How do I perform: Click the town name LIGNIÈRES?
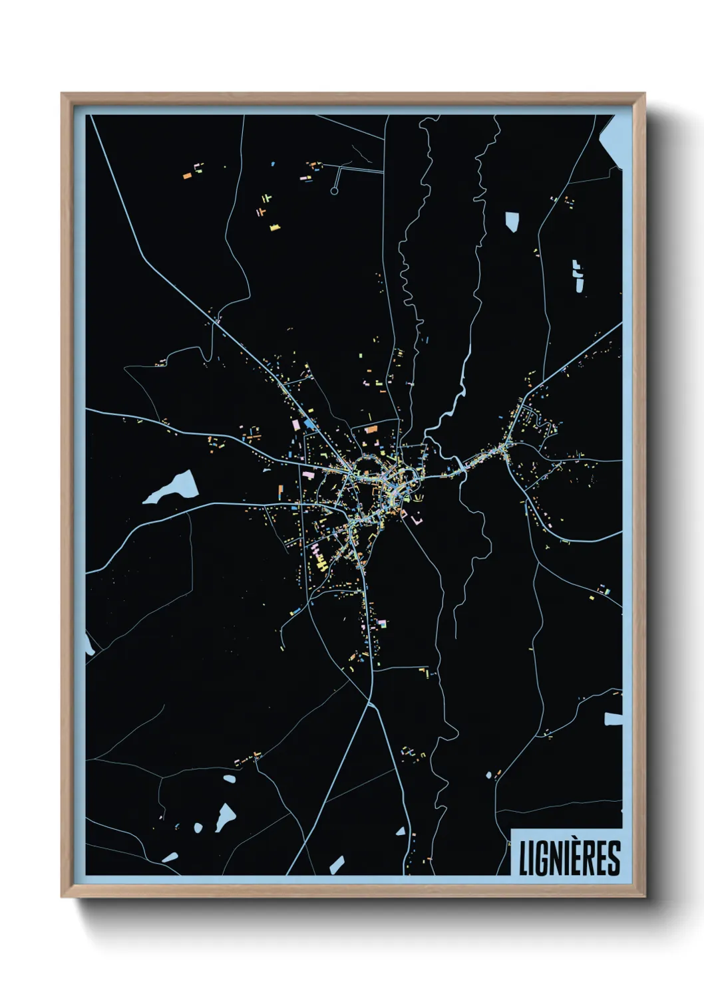tap(569, 858)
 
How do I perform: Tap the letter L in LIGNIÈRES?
tap(524, 858)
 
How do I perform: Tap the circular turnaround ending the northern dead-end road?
tap(334, 191)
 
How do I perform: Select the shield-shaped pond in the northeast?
tap(512, 221)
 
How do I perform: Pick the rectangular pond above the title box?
tap(613, 719)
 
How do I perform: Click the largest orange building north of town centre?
tap(371, 430)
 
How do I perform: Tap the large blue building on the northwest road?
tap(309, 423)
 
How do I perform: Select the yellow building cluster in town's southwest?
tap(321, 562)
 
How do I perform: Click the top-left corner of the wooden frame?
tap(63, 94)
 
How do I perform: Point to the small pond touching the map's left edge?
tap(88, 644)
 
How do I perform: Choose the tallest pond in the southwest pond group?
tap(224, 817)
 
